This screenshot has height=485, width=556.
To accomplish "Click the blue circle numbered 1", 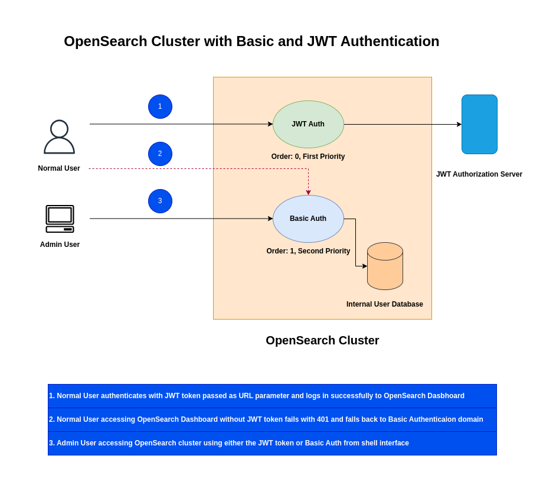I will [160, 106].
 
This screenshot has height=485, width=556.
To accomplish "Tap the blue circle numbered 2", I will [160, 154].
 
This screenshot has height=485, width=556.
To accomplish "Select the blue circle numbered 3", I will [160, 201].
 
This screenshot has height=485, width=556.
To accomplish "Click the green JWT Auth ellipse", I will [308, 124].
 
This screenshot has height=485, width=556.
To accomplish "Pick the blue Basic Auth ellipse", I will [308, 219].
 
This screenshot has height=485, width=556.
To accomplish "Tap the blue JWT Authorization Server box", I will [479, 124].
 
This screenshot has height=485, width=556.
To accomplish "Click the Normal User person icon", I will [59, 137].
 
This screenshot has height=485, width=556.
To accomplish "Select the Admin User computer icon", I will [60, 219].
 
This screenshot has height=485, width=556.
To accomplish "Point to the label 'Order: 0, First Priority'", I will [308, 157].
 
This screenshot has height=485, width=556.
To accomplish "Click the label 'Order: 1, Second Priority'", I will [308, 251].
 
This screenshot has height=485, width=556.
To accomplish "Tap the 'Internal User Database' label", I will [385, 304].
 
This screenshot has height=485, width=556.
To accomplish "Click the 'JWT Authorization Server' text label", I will [479, 174].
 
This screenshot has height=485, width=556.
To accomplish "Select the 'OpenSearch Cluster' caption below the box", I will [322, 340].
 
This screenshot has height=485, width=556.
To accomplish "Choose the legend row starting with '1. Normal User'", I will [272, 396].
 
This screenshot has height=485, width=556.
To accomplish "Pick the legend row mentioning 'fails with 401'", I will [272, 419].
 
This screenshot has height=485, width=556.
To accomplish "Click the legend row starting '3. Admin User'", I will [272, 443].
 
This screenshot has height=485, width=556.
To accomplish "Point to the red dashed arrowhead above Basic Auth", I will [308, 193].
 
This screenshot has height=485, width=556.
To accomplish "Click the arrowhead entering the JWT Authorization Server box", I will [459, 124].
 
